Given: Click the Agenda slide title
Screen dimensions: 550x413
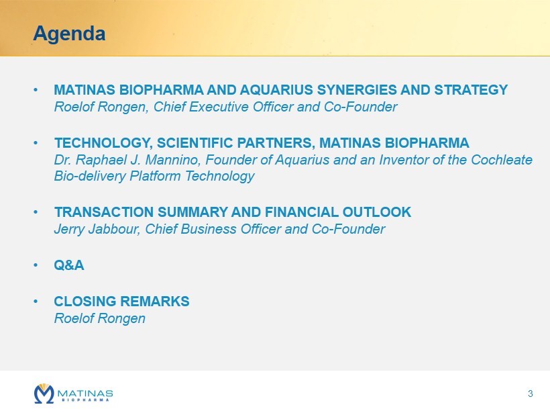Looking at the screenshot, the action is tap(69, 34).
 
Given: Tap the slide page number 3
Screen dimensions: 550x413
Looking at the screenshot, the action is tap(530, 394).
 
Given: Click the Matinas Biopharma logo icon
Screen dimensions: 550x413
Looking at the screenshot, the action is tap(44, 394).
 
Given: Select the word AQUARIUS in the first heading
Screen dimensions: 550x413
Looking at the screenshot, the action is tap(276, 90).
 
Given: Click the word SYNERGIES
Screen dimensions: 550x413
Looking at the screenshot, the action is tap(357, 90).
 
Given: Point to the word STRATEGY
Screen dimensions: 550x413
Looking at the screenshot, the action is tap(471, 90).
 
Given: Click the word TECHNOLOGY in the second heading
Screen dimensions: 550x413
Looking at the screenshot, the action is tap(103, 143).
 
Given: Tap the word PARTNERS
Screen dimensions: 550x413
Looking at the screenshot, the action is tap(276, 143).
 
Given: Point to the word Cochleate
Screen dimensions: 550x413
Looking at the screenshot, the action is tap(502, 160).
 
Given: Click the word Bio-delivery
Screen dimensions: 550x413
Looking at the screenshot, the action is tap(90, 176).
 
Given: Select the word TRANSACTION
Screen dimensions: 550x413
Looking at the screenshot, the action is tap(104, 212).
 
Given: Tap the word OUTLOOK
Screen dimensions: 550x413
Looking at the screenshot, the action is tap(377, 212).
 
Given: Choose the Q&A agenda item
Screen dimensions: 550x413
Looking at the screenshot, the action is tap(68, 265).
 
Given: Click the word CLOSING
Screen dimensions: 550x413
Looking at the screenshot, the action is tap(85, 302).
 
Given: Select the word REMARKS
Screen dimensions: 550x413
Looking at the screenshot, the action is tap(155, 302).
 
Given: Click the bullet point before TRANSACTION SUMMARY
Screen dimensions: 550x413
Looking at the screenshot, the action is tap(36, 212).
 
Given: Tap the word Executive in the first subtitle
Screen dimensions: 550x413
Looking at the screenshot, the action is tap(219, 107).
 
